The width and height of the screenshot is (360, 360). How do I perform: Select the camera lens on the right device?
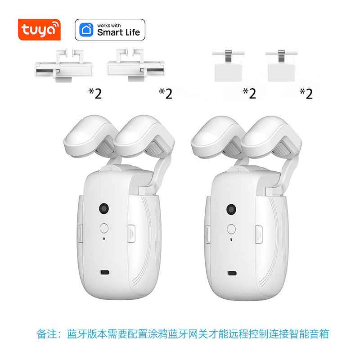[231, 208]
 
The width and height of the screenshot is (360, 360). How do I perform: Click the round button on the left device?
[104, 228]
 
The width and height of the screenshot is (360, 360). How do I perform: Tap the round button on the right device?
[231, 228]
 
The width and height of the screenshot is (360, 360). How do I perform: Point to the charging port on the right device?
[232, 273]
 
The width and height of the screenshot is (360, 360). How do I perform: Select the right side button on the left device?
[131, 233]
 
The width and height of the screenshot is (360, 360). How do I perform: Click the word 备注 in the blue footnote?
[47, 334]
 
